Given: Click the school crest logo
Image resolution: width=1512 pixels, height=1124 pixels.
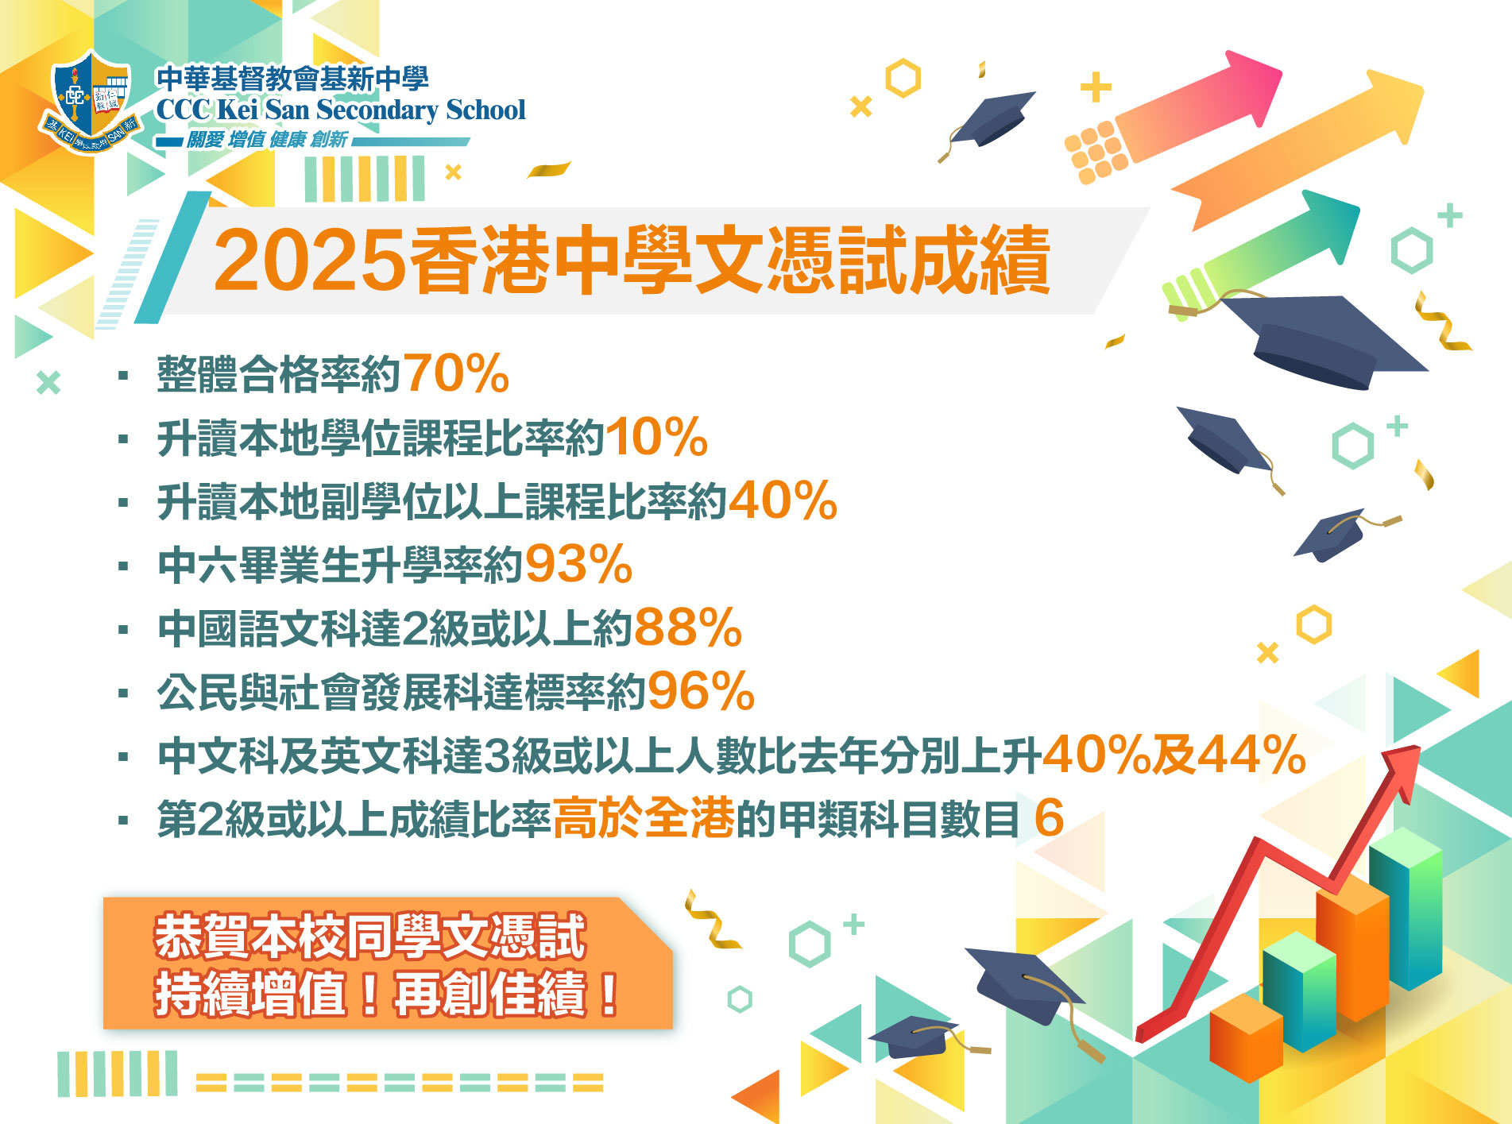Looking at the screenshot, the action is pos(90,102).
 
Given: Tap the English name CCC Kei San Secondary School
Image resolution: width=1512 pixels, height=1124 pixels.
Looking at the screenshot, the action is pos(341,110).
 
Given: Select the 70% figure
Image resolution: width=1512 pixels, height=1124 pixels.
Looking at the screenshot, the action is pos(456,373).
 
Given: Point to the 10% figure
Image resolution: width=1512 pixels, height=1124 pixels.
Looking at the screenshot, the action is pos(656,437).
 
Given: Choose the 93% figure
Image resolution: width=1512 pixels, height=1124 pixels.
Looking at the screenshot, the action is pos(578,564).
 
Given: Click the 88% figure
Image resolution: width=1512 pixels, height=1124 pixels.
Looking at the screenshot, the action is pos(688,628).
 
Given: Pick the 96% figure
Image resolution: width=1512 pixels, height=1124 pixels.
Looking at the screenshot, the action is pos(701,691).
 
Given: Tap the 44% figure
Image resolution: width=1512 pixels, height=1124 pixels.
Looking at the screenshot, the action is pos(1252,755).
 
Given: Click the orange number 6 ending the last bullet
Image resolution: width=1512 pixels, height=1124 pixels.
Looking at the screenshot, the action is pos(1050,818).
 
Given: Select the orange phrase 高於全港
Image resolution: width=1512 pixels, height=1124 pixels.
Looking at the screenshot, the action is pos(644,818).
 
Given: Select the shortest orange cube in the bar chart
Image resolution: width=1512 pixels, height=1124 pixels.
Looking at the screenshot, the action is pos(1246,1037).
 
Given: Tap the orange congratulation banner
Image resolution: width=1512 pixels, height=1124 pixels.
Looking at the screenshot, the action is pos(388,963).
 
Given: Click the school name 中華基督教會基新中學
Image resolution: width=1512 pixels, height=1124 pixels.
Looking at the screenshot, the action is pos(292,79).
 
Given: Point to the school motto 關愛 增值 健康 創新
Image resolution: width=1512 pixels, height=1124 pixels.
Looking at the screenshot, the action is pos(267,140).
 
